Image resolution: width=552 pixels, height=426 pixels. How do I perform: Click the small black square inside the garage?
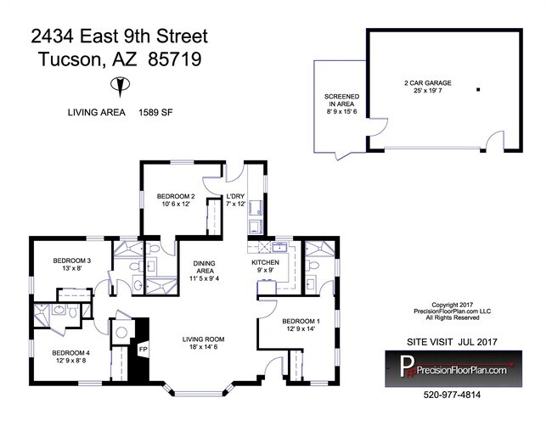tap(478, 89)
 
